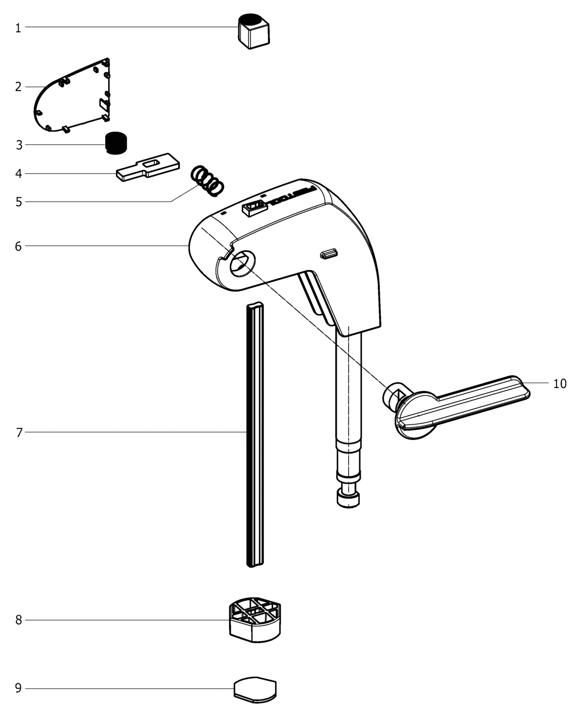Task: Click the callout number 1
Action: pyautogui.click(x=18, y=28)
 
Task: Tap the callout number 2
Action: pyautogui.click(x=18, y=87)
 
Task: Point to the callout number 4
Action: pyautogui.click(x=18, y=173)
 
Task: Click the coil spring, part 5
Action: pyautogui.click(x=207, y=181)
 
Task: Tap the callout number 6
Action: pyautogui.click(x=18, y=246)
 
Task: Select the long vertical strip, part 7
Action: pyautogui.click(x=255, y=436)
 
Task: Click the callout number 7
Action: pyautogui.click(x=19, y=433)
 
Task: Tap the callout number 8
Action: pyautogui.click(x=18, y=620)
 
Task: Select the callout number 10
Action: pyautogui.click(x=560, y=384)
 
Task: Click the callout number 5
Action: pyautogui.click(x=18, y=202)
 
